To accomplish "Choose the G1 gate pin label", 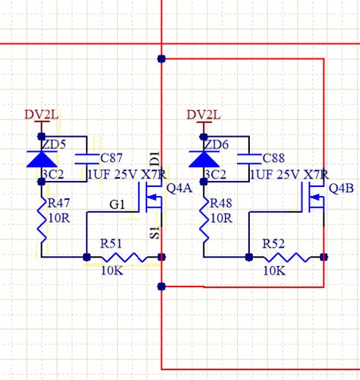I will pos(118,204).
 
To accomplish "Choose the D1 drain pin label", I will pos(155,159).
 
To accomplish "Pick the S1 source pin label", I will pos(154,231).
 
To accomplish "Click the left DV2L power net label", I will pos(40,115).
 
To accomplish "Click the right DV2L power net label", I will pos(203,115).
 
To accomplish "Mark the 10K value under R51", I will pos(112,270).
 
